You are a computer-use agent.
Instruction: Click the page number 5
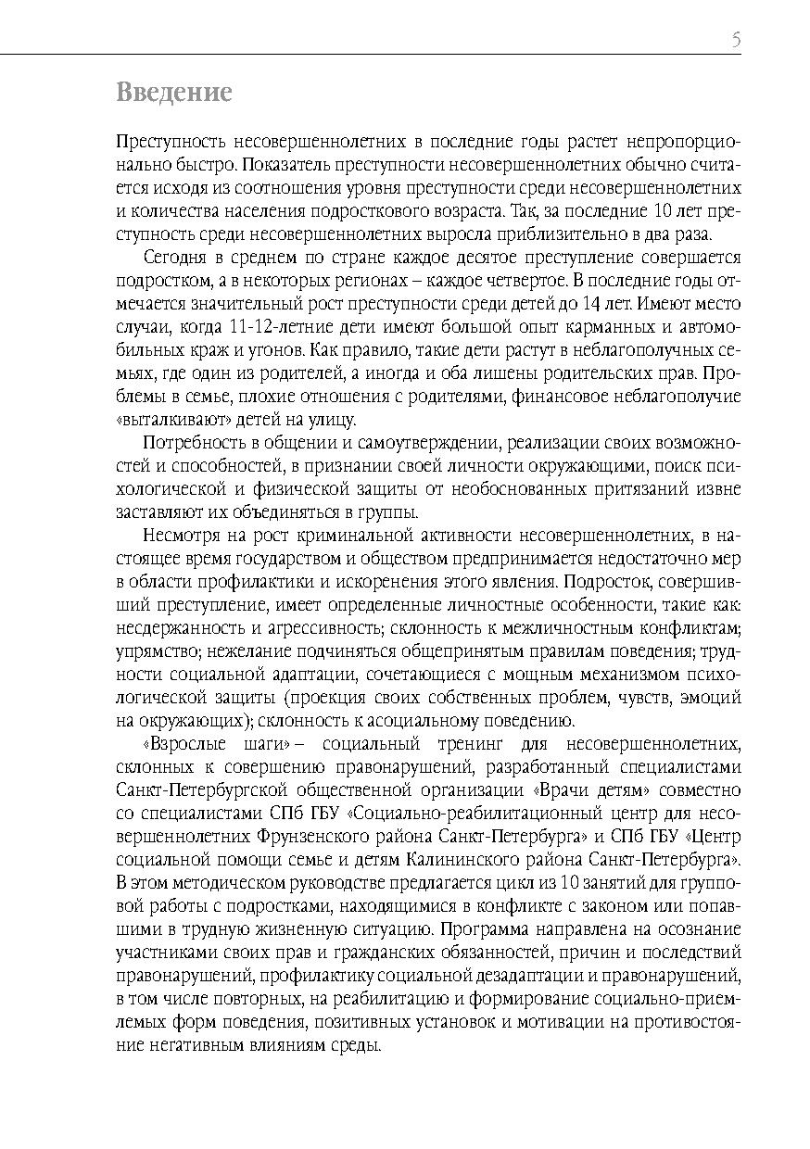(x=736, y=40)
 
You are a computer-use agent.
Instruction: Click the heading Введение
(x=173, y=93)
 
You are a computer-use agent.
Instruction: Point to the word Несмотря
(x=179, y=535)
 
